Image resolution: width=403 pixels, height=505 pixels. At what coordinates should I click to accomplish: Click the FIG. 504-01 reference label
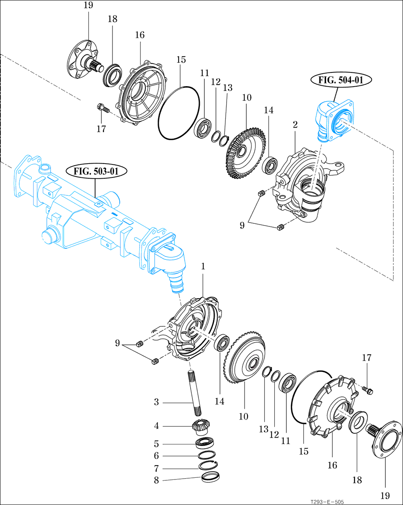pyautogui.click(x=341, y=80)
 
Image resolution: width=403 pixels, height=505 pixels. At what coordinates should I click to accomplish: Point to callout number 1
pyautogui.click(x=203, y=266)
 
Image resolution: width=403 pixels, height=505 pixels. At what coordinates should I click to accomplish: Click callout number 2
pyautogui.click(x=295, y=124)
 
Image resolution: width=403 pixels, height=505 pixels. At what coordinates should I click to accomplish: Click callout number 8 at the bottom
pyautogui.click(x=156, y=480)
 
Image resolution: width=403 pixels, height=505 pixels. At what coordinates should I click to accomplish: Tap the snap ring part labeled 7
pyautogui.click(x=208, y=465)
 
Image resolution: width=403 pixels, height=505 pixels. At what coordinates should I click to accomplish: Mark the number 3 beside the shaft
pyautogui.click(x=156, y=402)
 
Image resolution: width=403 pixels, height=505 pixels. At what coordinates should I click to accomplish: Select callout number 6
pyautogui.click(x=156, y=456)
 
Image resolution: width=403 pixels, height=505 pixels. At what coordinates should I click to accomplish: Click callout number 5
pyautogui.click(x=156, y=443)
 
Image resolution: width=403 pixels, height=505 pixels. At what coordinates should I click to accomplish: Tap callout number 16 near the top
pyautogui.click(x=140, y=35)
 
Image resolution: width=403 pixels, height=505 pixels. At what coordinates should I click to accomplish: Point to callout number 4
pyautogui.click(x=156, y=426)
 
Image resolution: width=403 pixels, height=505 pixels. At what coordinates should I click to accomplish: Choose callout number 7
pyautogui.click(x=156, y=468)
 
